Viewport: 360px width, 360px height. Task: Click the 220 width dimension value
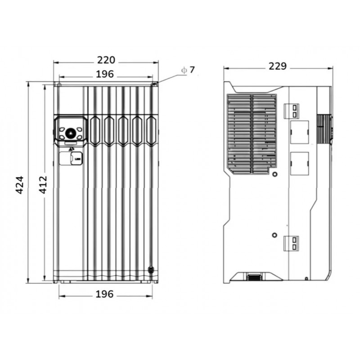[106, 60]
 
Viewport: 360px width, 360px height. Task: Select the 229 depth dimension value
[278, 66]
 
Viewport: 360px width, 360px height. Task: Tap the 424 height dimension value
[19, 185]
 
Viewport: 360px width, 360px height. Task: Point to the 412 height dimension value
[43, 184]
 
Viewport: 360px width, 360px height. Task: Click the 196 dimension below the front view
[104, 294]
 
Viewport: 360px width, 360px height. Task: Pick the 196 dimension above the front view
[105, 74]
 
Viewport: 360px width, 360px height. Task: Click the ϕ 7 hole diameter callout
[188, 70]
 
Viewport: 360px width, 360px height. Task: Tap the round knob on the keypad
[70, 133]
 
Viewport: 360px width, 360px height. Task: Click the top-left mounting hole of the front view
[59, 85]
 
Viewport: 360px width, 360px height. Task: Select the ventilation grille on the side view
[252, 134]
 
